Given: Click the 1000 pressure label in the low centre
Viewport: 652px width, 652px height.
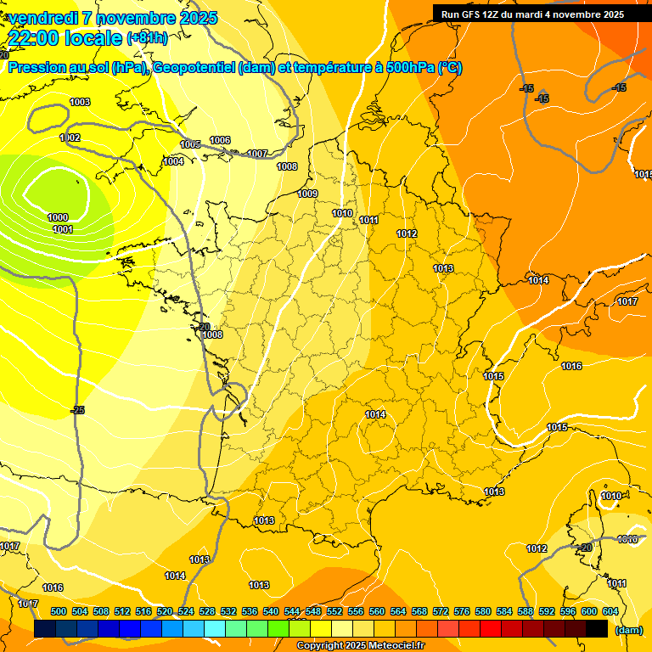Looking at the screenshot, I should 58,217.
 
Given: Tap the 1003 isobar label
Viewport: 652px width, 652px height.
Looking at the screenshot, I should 80,102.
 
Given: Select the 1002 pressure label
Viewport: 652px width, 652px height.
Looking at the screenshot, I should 70,138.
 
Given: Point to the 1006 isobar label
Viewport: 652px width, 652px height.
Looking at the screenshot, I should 220,140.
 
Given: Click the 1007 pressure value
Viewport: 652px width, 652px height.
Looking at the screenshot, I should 258,154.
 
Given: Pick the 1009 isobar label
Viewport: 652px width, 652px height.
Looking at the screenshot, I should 307,194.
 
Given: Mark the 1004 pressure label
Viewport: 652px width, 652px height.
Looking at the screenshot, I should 173,161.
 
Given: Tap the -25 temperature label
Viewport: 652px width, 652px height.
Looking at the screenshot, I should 78,411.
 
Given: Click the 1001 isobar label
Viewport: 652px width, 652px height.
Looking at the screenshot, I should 62,229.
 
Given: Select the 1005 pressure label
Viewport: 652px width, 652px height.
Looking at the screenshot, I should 190,144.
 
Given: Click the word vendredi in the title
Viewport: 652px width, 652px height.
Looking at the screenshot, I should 47,18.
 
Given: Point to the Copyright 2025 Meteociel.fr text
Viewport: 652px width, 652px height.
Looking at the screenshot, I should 360,646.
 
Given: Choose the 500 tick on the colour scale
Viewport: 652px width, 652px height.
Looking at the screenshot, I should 59,611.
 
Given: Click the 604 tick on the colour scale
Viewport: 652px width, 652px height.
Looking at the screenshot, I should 610,611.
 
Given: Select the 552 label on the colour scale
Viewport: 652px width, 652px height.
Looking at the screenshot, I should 334,611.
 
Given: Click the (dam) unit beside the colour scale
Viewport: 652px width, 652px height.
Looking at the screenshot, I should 628,630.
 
